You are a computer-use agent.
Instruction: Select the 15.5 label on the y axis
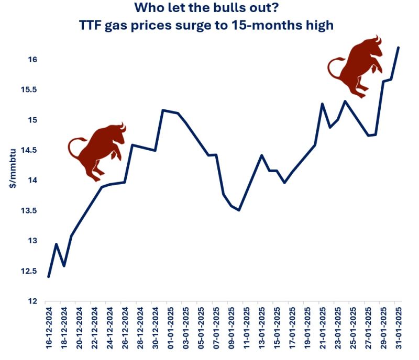[x=29, y=90]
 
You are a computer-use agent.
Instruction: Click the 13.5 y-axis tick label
[x=29, y=211]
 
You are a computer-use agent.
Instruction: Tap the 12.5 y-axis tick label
[x=29, y=272]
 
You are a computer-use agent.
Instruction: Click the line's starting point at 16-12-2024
[x=48, y=276]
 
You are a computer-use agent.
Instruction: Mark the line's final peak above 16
[x=399, y=48]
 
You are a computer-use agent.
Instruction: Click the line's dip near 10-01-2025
[x=239, y=210]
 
